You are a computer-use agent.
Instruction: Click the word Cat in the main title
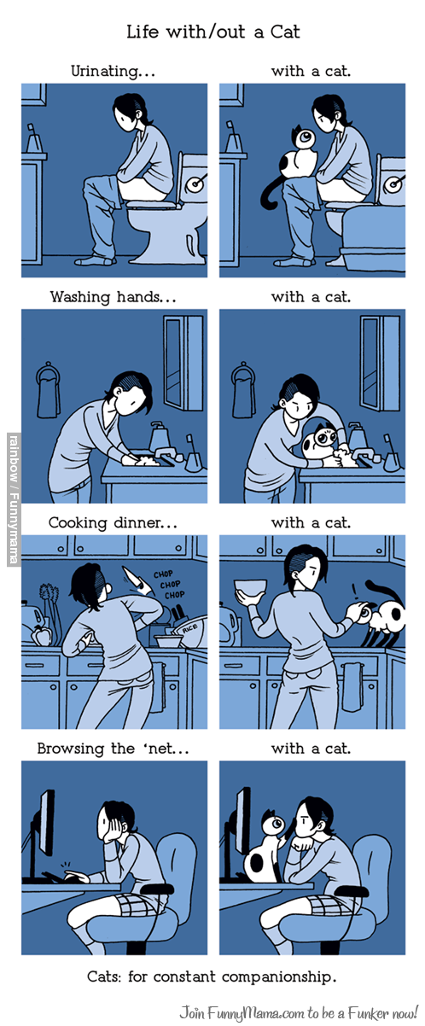tap(285, 32)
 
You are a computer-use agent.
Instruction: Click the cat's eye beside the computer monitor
tap(277, 823)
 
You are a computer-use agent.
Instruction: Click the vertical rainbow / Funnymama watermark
tap(15, 499)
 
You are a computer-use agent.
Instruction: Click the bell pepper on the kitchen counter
tap(40, 634)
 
